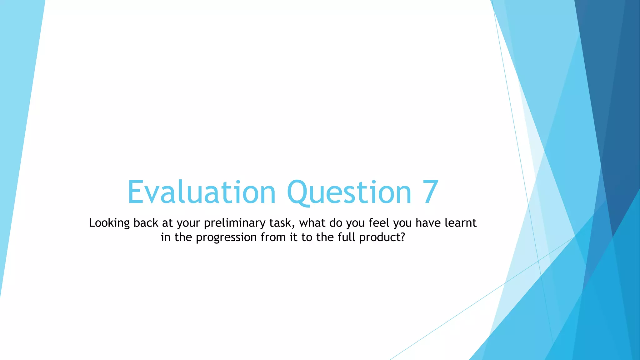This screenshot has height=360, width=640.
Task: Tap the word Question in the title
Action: pyautogui.click(x=349, y=192)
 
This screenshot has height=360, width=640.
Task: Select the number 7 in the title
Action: pyautogui.click(x=431, y=192)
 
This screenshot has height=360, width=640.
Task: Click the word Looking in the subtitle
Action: pyautogui.click(x=109, y=223)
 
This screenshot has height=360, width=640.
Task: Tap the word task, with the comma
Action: pyautogui.click(x=282, y=223)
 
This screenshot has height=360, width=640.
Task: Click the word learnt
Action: pyautogui.click(x=461, y=223)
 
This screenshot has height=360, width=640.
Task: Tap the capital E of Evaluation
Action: pyautogui.click(x=135, y=192)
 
